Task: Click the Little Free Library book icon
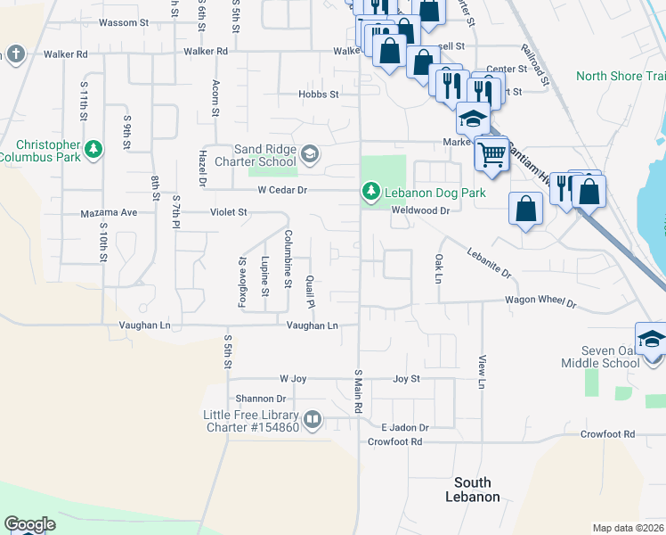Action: click(x=312, y=420)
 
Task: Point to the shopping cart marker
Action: click(x=491, y=153)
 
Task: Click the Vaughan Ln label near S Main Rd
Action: click(x=312, y=326)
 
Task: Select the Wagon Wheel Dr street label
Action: click(x=540, y=302)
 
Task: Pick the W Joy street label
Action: click(x=293, y=379)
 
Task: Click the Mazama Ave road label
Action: click(x=109, y=213)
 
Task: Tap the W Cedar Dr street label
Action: click(x=282, y=190)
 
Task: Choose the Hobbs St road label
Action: click(x=321, y=94)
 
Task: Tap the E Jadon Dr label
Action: click(x=405, y=428)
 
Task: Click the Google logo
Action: click(x=29, y=524)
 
